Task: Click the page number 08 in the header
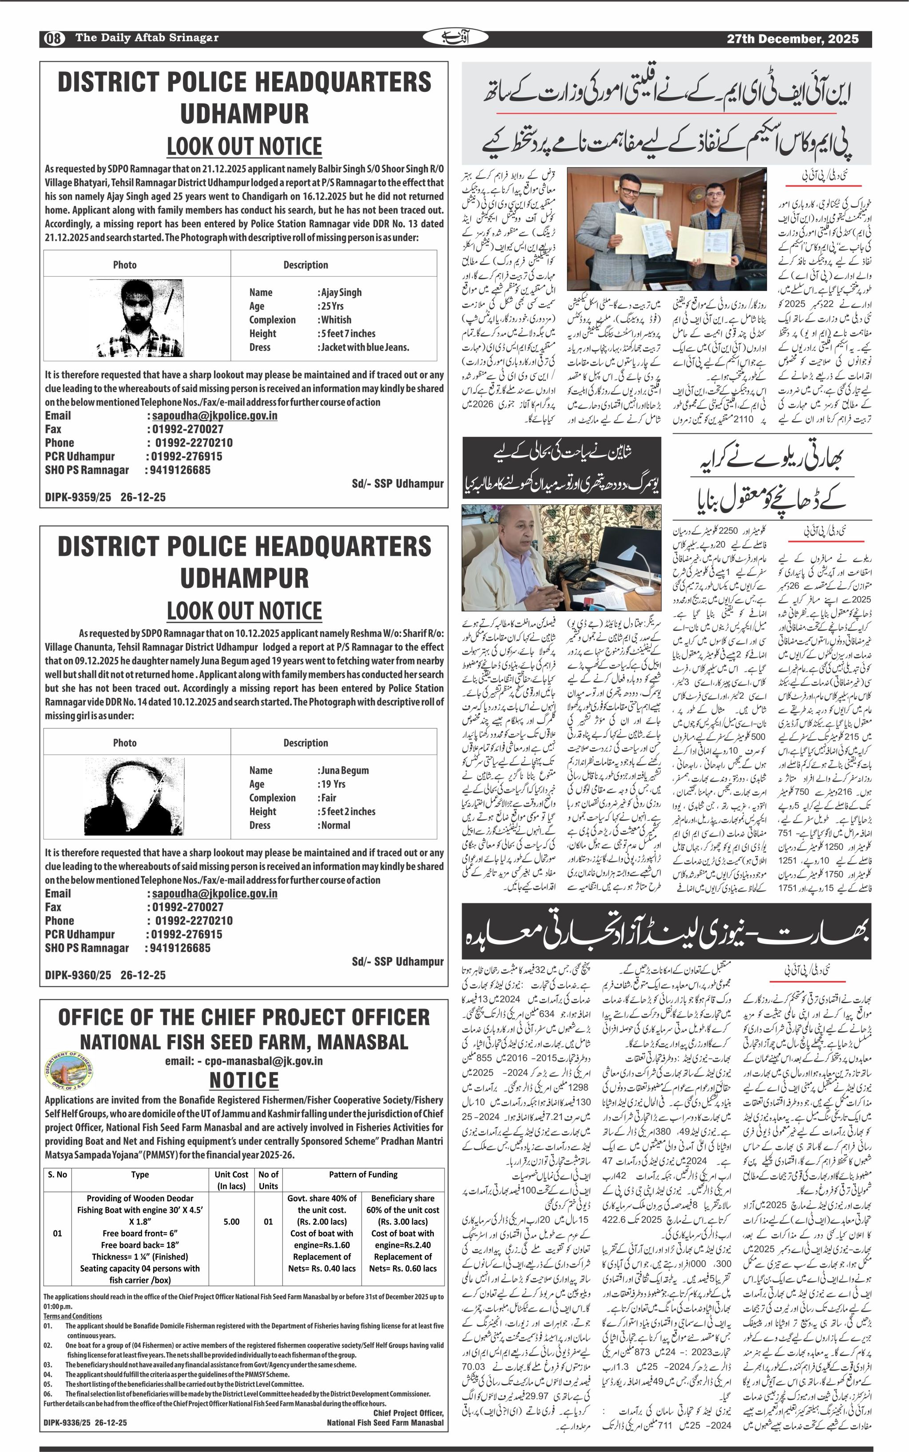[53, 39]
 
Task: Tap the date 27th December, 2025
[792, 39]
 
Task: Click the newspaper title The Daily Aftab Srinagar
[147, 38]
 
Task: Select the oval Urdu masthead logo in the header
[455, 38]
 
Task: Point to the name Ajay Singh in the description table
[341, 293]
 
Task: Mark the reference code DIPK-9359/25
[78, 497]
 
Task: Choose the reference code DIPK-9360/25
[78, 975]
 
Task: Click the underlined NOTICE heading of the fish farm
[244, 1080]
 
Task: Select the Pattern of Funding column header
[363, 1175]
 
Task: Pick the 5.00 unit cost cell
[231, 1221]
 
